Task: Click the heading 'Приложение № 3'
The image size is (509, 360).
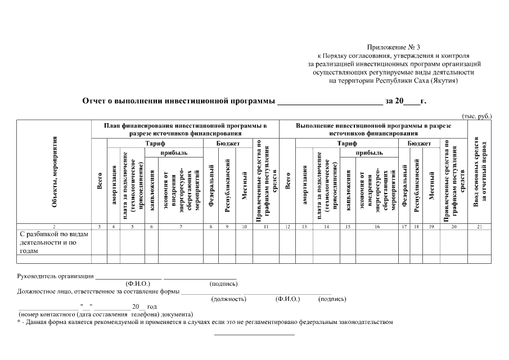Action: [x=394, y=47]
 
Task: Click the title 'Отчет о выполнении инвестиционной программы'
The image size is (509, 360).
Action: [x=179, y=102]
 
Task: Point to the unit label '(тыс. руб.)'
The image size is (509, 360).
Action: [x=476, y=116]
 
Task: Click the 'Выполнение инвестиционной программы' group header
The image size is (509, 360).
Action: [x=373, y=129]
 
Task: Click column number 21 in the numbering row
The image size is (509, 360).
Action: [x=480, y=227]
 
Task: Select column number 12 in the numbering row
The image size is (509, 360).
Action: [x=287, y=227]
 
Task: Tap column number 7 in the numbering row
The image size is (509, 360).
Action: [x=181, y=227]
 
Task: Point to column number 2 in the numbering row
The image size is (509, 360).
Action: [x=54, y=227]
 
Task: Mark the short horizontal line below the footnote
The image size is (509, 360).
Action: [x=254, y=335]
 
